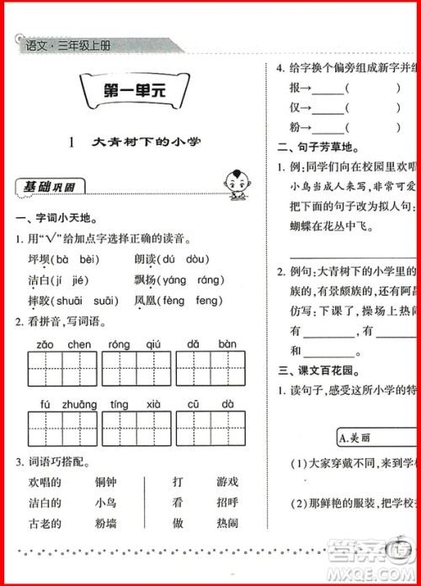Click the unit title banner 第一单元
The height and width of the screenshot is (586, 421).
coord(131,93)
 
